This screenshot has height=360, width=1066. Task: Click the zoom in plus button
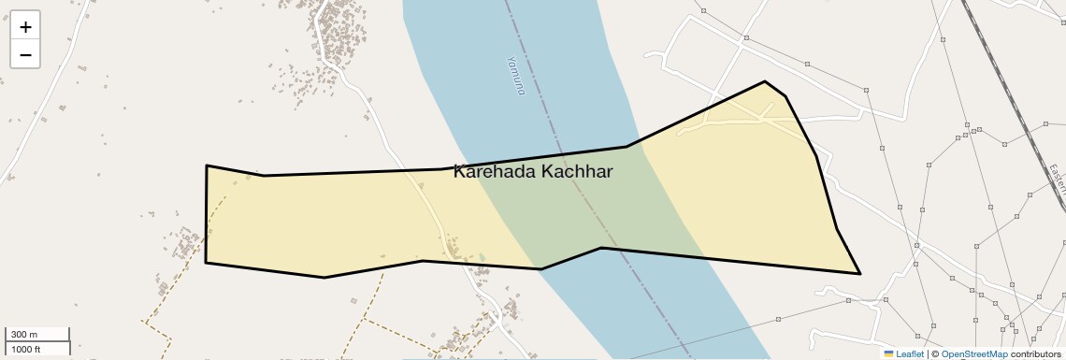25,27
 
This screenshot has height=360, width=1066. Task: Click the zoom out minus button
25,54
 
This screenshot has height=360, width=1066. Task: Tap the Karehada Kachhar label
533,171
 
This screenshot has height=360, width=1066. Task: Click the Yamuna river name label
515,76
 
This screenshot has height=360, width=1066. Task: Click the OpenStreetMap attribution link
973,353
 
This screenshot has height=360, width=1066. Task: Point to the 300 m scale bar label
24,335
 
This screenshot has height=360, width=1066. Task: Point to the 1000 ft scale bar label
26,349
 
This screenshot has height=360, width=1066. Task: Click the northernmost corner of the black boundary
765,81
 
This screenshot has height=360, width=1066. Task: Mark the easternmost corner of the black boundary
859,273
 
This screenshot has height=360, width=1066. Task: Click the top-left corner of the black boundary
207,166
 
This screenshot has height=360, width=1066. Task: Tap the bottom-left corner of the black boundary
206,263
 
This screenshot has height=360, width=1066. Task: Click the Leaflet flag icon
888,353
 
